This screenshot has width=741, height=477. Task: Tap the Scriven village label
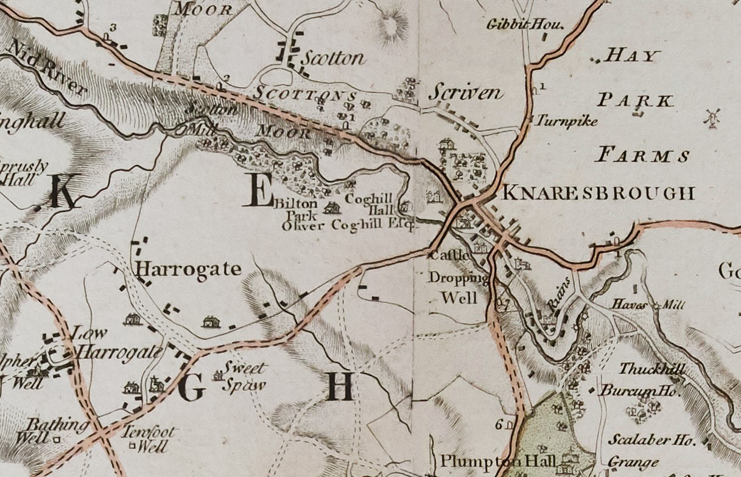click(x=466, y=92)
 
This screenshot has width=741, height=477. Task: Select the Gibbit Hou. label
click(x=526, y=25)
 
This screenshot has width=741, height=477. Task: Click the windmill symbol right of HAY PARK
click(x=711, y=118)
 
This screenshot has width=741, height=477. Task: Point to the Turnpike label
click(x=566, y=121)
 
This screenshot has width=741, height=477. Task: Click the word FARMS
click(x=643, y=156)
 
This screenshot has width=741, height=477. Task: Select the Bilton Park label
click(x=295, y=209)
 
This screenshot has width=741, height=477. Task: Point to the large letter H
click(x=339, y=386)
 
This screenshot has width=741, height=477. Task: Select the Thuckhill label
click(x=651, y=369)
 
